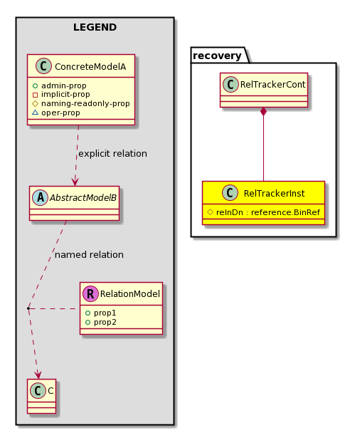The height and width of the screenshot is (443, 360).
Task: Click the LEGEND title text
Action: pyautogui.click(x=95, y=27)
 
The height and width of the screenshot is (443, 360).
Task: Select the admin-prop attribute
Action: pyautogui.click(x=63, y=85)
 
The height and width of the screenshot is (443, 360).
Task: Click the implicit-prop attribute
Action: pyautogui.click(x=65, y=94)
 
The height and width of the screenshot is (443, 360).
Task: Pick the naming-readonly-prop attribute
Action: pyautogui.click(x=85, y=103)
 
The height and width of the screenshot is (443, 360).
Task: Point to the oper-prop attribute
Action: pyautogui.click(x=60, y=113)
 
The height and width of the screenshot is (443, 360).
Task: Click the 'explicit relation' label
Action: pyautogui.click(x=112, y=153)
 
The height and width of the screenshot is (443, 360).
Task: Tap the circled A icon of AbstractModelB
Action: pyautogui.click(x=40, y=197)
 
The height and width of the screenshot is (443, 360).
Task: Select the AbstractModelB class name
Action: pyautogui.click(x=83, y=197)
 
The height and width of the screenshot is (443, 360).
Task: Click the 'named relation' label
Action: pyautogui.click(x=89, y=254)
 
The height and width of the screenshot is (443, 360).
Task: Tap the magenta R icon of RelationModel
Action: pyautogui.click(x=90, y=294)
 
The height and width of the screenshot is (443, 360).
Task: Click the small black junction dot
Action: pyautogui.click(x=28, y=308)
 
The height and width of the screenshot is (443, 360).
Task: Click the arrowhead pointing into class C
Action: pyautogui.click(x=38, y=375)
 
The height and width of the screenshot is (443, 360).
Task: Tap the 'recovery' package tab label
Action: pyautogui.click(x=217, y=56)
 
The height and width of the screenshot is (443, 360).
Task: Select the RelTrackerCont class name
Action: pyautogui.click(x=272, y=84)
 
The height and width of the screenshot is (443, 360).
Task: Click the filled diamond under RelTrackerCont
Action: pyautogui.click(x=263, y=112)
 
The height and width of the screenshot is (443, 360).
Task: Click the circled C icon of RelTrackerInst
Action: pyautogui.click(x=231, y=193)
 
